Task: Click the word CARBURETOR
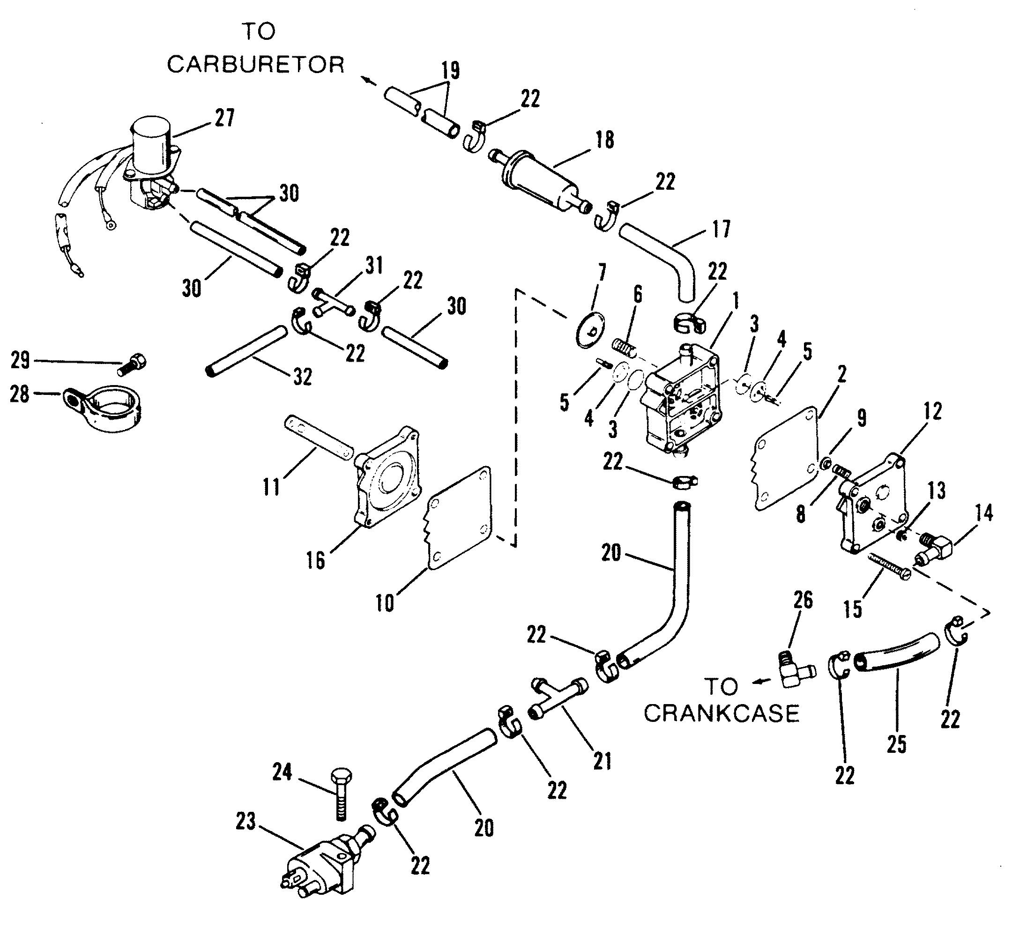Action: (256, 65)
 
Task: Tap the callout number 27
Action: (224, 118)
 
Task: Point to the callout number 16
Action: (316, 560)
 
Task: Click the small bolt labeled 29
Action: (134, 365)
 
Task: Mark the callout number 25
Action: (896, 744)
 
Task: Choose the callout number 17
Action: (721, 229)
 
